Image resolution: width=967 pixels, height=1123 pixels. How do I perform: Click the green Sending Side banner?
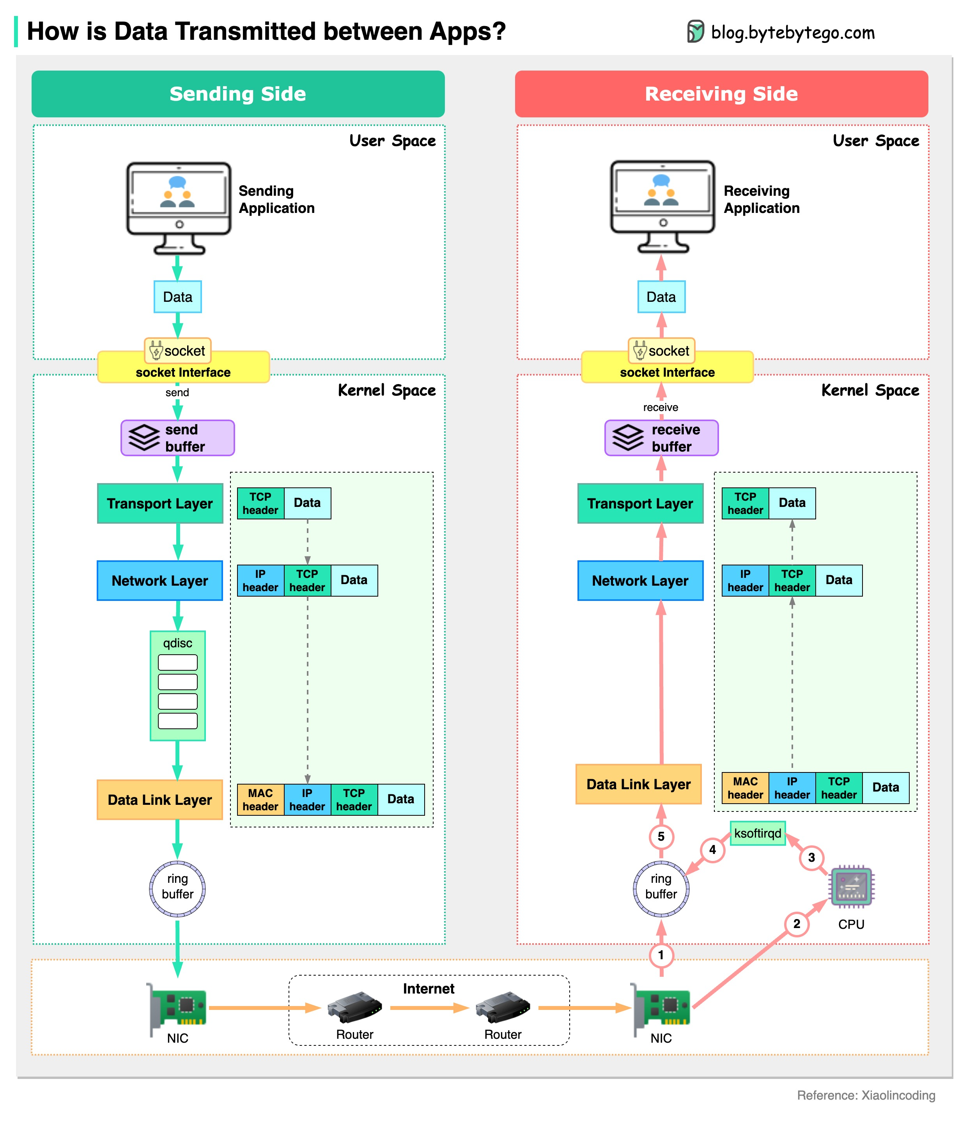238,94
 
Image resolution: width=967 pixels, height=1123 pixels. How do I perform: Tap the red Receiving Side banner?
721,94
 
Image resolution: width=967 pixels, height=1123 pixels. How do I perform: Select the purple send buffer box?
177,438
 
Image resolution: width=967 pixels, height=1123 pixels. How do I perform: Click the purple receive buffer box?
661,438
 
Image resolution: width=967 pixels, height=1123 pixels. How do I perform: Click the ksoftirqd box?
757,833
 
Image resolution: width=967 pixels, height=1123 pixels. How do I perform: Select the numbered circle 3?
811,857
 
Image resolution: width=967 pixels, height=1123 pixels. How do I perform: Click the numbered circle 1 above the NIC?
661,955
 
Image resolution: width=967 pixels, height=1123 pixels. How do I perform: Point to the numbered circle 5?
661,836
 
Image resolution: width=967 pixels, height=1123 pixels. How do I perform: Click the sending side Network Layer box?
160,581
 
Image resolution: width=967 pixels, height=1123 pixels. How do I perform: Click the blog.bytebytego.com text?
792,32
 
